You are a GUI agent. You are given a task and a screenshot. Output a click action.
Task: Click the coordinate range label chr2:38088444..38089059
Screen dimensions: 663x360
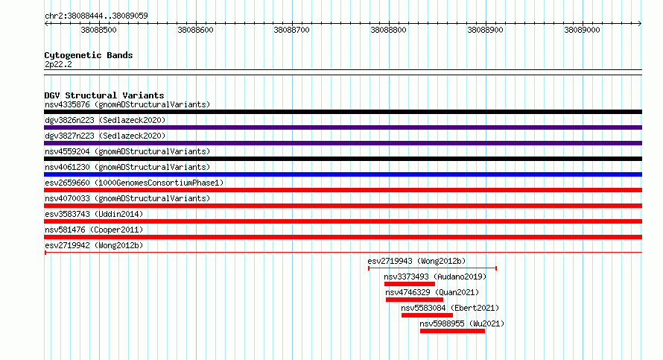[x=96, y=16]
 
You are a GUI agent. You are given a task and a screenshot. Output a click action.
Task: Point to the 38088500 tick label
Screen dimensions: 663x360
[x=98, y=30]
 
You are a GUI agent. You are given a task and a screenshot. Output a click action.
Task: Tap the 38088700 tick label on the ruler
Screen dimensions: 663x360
[x=292, y=30]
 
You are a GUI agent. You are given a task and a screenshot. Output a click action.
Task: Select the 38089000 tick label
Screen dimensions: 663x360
[x=582, y=30]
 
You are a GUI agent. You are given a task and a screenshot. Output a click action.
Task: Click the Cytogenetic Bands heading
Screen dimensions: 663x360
[x=89, y=55]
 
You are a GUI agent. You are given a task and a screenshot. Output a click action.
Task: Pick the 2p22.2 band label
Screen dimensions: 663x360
[x=58, y=64]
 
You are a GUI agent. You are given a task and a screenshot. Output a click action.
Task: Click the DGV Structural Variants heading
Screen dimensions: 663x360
[x=104, y=95]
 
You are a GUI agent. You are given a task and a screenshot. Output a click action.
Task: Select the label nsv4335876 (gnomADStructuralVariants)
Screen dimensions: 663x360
[x=127, y=104]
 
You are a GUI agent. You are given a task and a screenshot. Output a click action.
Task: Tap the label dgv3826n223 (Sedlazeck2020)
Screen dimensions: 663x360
[x=105, y=120]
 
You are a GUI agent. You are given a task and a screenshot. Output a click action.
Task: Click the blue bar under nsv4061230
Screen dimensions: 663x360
[x=343, y=174]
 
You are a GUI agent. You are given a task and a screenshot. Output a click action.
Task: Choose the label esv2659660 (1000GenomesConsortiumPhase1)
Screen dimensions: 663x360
[x=134, y=183]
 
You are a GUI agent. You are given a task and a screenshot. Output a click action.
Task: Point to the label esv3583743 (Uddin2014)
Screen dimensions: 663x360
[x=94, y=214]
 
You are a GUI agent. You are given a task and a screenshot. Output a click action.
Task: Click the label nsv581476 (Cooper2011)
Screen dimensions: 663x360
[x=94, y=230]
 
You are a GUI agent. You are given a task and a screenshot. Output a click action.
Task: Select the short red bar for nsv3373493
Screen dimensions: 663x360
[x=409, y=284]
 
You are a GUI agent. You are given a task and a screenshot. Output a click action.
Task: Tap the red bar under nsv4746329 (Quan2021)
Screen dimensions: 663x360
[x=414, y=300]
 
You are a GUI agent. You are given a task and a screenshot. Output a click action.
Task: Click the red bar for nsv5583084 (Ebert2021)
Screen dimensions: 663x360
[x=427, y=315]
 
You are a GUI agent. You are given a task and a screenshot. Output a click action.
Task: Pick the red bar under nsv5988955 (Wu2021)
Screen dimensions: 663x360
[x=452, y=331]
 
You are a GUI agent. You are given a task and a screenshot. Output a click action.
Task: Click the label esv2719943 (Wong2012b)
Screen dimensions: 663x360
[x=416, y=261]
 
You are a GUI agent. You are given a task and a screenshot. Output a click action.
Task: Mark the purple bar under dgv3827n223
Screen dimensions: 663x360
[x=343, y=143]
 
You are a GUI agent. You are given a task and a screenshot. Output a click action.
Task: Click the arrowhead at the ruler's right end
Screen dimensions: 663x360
[x=640, y=24]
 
